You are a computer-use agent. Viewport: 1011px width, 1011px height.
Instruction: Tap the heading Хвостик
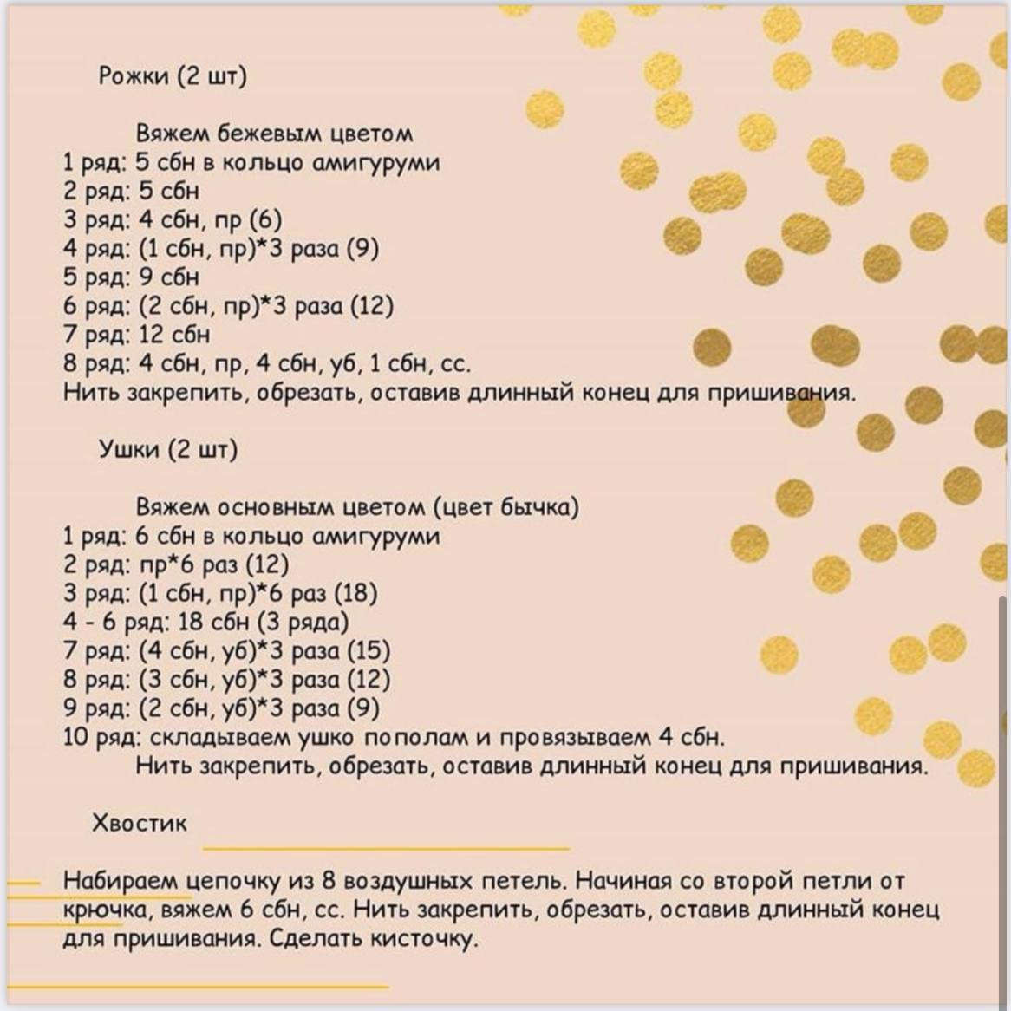pos(139,823)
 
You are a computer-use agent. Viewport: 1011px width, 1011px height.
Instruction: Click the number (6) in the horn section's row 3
pos(265,220)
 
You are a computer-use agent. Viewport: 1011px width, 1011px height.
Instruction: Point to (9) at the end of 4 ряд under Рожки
pos(362,249)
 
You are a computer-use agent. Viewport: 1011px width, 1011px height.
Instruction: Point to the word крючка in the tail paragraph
pos(104,910)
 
